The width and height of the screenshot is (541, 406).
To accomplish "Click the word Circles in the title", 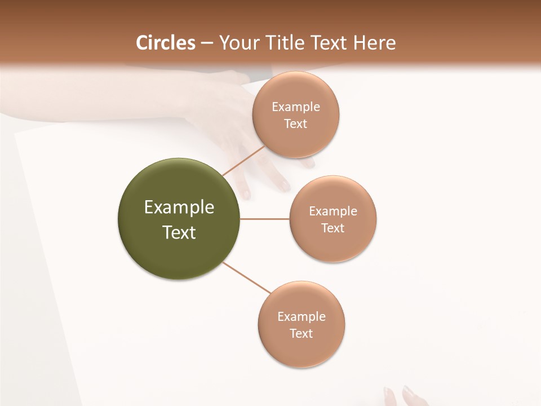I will [x=166, y=43].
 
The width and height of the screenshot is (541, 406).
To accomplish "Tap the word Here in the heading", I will [x=375, y=43].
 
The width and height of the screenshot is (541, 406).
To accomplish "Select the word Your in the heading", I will [x=237, y=43].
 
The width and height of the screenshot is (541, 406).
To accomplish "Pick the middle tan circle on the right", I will [x=333, y=248].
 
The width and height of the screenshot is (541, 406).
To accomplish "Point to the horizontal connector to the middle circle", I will [x=265, y=219].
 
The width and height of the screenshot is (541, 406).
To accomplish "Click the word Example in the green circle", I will [x=179, y=208].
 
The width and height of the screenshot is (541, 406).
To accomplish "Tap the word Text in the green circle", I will [x=179, y=232].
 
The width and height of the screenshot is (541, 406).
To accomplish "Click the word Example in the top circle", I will [x=296, y=107].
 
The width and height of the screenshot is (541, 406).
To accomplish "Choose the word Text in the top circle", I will [x=296, y=124].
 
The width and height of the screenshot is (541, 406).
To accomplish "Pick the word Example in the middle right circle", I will [x=333, y=211].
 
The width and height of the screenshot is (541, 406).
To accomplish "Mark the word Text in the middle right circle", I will [x=333, y=228].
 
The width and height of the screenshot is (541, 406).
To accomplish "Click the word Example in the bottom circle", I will [x=301, y=317].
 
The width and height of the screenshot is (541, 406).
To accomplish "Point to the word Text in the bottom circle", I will [x=301, y=334].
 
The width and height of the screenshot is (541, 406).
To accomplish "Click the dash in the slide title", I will [x=207, y=43].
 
